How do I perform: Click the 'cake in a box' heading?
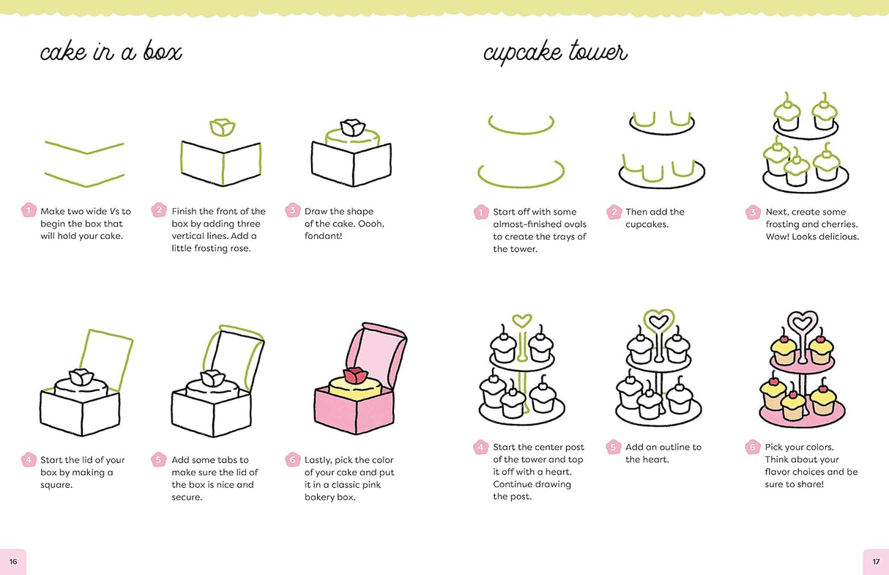point(110,53)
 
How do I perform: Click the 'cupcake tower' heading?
point(554,53)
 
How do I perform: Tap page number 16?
point(12,562)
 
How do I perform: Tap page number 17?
point(876,562)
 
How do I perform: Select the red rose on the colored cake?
point(354,376)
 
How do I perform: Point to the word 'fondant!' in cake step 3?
point(323,236)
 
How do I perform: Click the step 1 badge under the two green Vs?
point(28,211)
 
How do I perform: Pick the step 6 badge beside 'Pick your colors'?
point(752,447)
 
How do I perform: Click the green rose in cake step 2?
point(222,127)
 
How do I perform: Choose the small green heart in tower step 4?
point(521,320)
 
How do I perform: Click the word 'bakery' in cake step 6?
point(319,497)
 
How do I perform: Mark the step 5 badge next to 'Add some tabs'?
point(158,460)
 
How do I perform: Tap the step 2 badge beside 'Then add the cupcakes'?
point(614,212)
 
